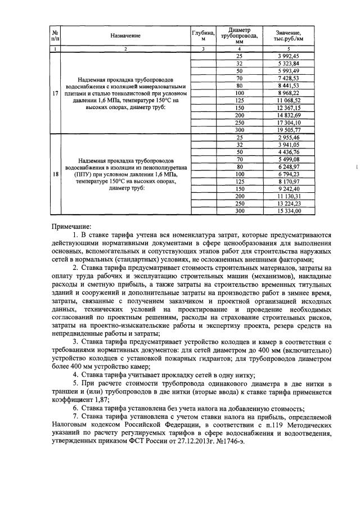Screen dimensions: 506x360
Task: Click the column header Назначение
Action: click(125, 36)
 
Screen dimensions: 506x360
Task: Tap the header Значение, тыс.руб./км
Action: click(291, 36)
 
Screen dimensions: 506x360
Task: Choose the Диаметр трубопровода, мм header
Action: click(239, 35)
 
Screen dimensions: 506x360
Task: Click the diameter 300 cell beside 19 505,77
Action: click(239, 130)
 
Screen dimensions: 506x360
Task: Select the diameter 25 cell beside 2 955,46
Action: click(239, 138)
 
